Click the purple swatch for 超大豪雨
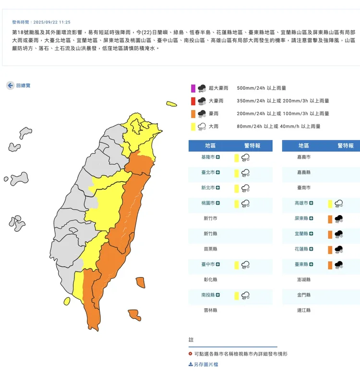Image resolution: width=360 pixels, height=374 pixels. tap(193, 88)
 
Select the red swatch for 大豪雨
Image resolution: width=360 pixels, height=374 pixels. tap(193, 101)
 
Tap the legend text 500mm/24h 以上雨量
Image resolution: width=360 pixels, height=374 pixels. tap(262, 88)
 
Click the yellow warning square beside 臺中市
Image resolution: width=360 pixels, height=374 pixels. tap(237, 265)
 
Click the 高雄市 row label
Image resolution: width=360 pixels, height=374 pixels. tap(303, 203)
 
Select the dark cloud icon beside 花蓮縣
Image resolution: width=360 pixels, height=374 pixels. tap(339, 250)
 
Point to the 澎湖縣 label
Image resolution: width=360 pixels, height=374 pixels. tap(303, 279)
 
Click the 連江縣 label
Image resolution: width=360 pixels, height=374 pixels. tap(303, 310)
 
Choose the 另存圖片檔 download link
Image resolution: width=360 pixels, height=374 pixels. tap(203, 364)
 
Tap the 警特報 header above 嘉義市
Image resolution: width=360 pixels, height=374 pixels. tap(345, 145)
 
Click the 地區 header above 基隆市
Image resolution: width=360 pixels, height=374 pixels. tap(210, 145)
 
